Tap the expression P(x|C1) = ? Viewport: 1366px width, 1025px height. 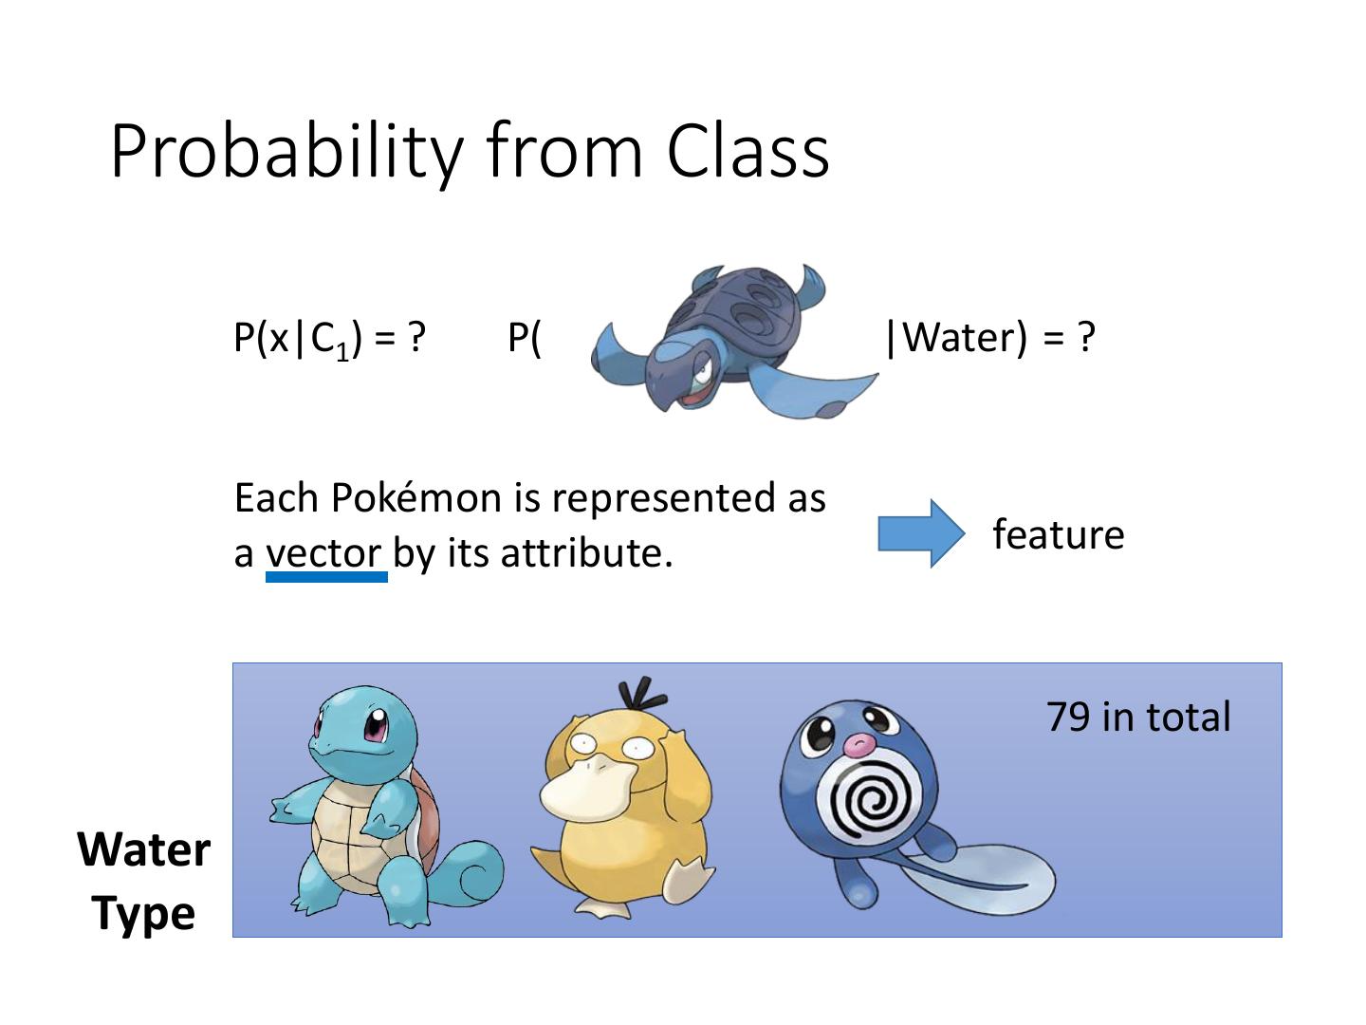[329, 338]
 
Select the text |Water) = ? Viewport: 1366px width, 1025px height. [989, 337]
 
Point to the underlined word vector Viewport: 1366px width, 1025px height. [323, 553]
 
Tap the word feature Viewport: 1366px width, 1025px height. [1058, 534]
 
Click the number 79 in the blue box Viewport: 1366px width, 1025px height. [1067, 717]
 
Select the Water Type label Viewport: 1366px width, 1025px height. [144, 881]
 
